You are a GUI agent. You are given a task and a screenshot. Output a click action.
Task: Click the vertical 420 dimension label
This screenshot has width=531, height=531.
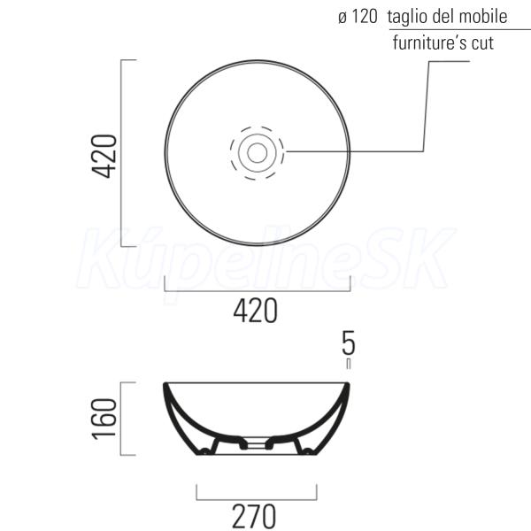click(x=105, y=156)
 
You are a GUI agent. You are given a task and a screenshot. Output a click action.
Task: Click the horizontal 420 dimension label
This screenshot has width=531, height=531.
click(x=256, y=311)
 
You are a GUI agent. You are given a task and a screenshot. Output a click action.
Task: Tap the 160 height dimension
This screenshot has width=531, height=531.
click(x=105, y=419)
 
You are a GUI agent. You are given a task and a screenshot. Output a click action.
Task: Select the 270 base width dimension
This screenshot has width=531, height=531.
click(x=254, y=516)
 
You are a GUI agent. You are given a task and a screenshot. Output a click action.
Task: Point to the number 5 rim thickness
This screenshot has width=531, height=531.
click(x=349, y=343)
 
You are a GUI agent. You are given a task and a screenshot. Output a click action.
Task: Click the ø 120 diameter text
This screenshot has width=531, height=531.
click(x=358, y=17)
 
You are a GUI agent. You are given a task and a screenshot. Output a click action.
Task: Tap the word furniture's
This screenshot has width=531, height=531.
click(x=429, y=42)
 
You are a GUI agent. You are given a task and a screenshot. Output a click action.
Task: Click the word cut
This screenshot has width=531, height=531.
click(x=482, y=43)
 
